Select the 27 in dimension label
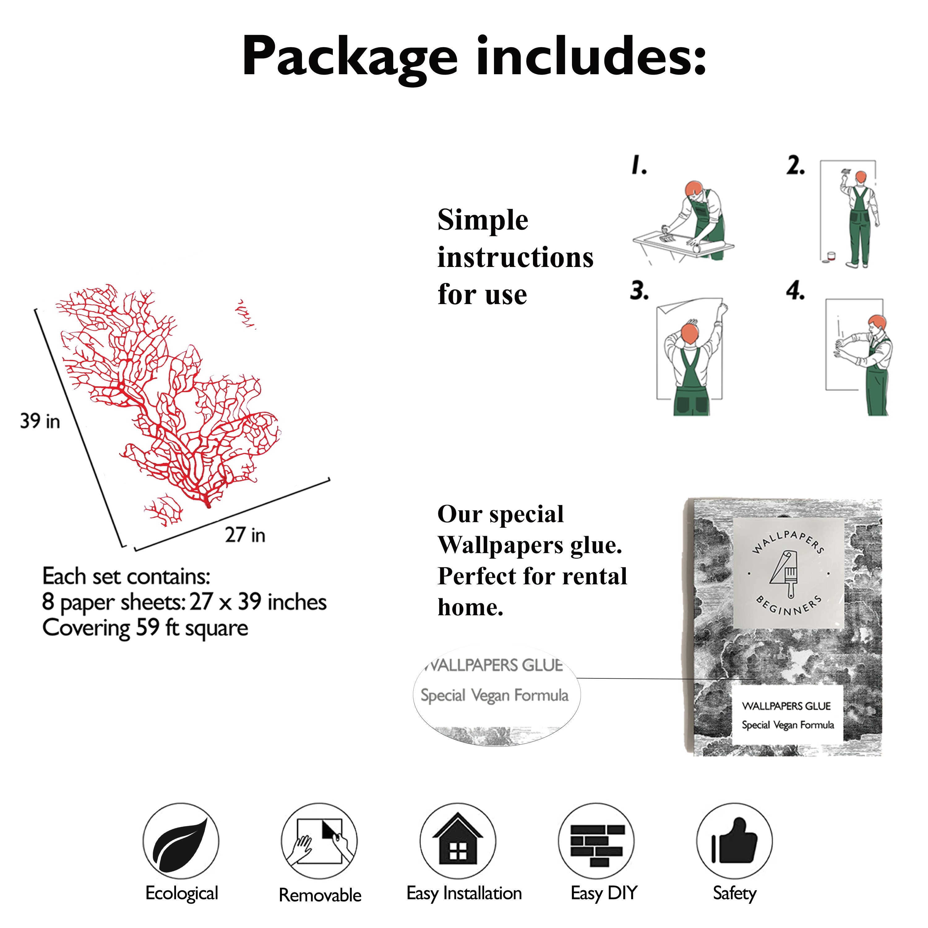click(x=245, y=535)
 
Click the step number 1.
click(x=639, y=165)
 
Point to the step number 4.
click(x=795, y=290)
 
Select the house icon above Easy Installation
click(x=458, y=844)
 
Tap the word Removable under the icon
click(x=320, y=895)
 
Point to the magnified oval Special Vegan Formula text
click(x=494, y=695)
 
